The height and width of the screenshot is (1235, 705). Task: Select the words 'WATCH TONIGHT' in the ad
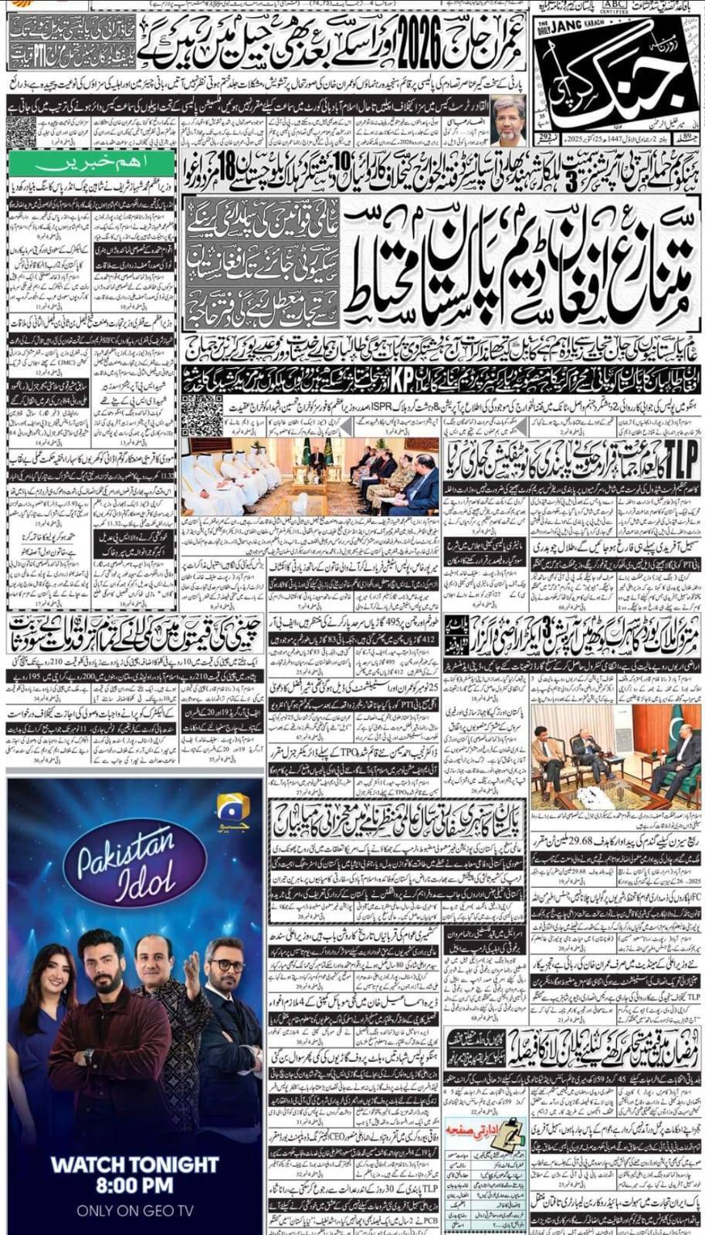(x=134, y=1163)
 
